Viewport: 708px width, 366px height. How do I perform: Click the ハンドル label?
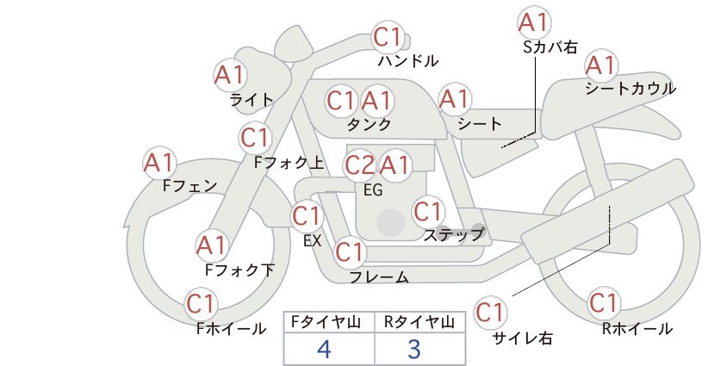point(408,60)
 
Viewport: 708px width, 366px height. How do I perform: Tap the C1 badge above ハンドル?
point(388,37)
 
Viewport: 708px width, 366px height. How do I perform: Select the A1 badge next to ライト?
point(230,75)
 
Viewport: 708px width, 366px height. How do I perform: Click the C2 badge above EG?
point(360,165)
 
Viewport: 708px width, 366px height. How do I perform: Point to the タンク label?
point(369,124)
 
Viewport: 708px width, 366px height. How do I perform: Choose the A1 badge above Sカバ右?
point(534,23)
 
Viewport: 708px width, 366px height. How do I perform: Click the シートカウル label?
point(630,89)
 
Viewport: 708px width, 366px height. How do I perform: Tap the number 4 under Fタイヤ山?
point(324,349)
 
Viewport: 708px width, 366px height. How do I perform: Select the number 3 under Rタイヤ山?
point(414,349)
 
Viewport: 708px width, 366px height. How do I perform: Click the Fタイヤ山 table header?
point(326,322)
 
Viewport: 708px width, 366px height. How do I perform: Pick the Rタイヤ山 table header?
point(419,322)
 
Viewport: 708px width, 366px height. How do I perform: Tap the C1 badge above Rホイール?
point(604,303)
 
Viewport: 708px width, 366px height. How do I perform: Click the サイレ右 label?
point(523,338)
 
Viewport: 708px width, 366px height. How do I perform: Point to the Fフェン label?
point(189,185)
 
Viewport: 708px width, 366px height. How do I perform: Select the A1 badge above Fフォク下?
point(212,246)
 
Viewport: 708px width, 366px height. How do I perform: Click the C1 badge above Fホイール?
point(201,305)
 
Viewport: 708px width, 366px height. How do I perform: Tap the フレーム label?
point(379,276)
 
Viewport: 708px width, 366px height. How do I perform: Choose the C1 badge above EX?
point(307,217)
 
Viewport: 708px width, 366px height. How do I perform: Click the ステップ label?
point(454,234)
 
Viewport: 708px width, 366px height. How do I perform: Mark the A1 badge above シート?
point(455,99)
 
